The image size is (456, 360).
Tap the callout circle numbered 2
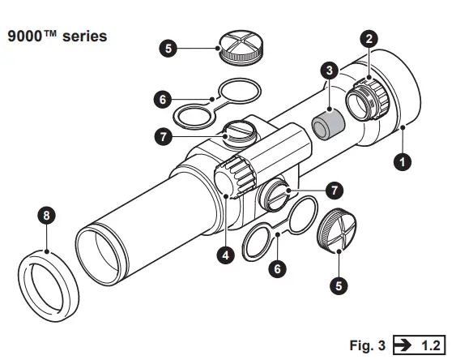[x=369, y=38]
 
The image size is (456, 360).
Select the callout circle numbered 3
[x=329, y=71]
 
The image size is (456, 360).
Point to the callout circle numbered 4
[x=226, y=253]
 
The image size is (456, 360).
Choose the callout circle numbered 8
[x=48, y=215]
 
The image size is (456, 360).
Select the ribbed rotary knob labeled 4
[x=233, y=177]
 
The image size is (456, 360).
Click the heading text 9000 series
[x=57, y=36]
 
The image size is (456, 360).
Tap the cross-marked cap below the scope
[x=334, y=234]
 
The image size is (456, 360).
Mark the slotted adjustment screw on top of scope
[x=239, y=131]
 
